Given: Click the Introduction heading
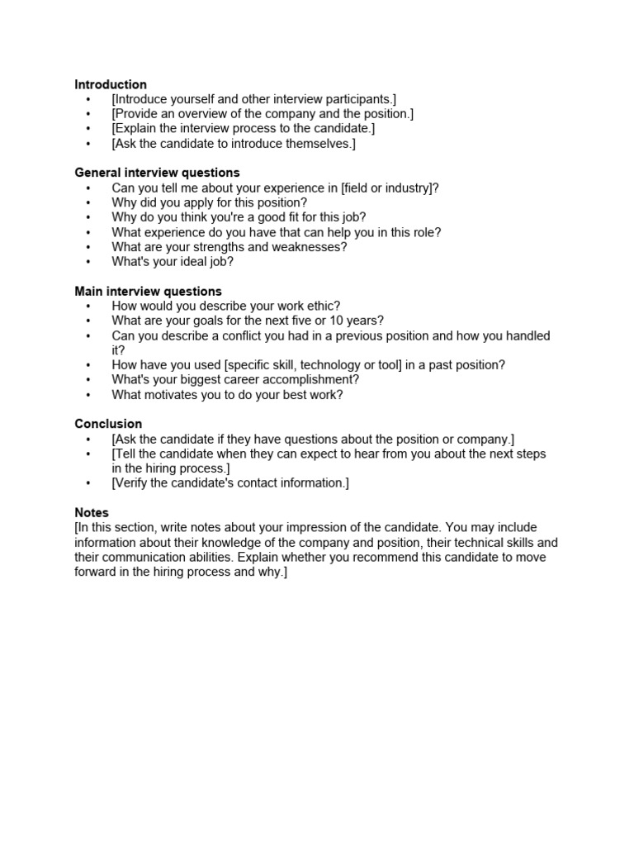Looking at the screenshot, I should pos(111,84).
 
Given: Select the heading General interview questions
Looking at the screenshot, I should pos(157,173).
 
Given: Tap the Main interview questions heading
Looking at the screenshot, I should pos(148,291).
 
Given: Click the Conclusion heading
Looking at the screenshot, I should pos(108,424).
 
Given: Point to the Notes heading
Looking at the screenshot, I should pos(92,513).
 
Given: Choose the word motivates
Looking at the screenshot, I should pos(173,395).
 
